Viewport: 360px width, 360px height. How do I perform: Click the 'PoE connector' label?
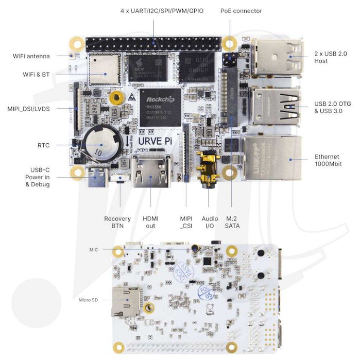241,11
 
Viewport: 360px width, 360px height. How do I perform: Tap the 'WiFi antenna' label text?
31,56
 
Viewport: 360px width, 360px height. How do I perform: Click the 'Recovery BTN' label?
117,222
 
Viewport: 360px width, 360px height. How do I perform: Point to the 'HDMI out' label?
151,222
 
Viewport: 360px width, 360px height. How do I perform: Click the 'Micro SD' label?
88,300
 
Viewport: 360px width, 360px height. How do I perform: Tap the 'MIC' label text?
93,249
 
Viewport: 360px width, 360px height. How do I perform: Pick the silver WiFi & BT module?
105,67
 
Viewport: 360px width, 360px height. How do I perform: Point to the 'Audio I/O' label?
210,222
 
